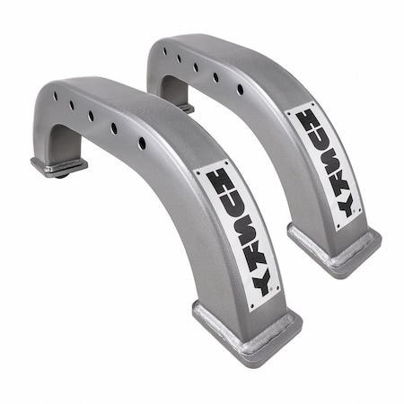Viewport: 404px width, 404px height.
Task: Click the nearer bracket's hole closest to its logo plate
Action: point(142,143)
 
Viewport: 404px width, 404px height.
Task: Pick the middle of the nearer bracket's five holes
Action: point(92,116)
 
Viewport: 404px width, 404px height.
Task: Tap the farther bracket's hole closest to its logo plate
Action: point(240,89)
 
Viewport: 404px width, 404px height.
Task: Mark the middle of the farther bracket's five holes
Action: point(196,66)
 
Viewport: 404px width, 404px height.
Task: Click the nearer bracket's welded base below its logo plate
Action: point(248,332)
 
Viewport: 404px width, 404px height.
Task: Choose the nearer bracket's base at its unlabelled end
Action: point(58,167)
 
